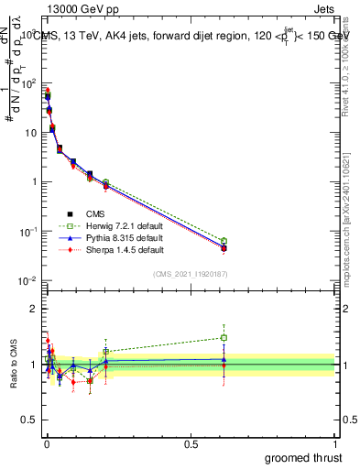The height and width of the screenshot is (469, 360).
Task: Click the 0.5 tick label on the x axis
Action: click(191, 444)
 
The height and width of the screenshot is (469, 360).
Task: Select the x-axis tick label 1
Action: click(336, 444)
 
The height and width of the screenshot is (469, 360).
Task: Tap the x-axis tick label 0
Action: click(47, 444)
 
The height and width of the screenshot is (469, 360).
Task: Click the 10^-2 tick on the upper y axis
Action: click(28, 279)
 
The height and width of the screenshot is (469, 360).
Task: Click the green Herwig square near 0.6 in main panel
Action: click(224, 241)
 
